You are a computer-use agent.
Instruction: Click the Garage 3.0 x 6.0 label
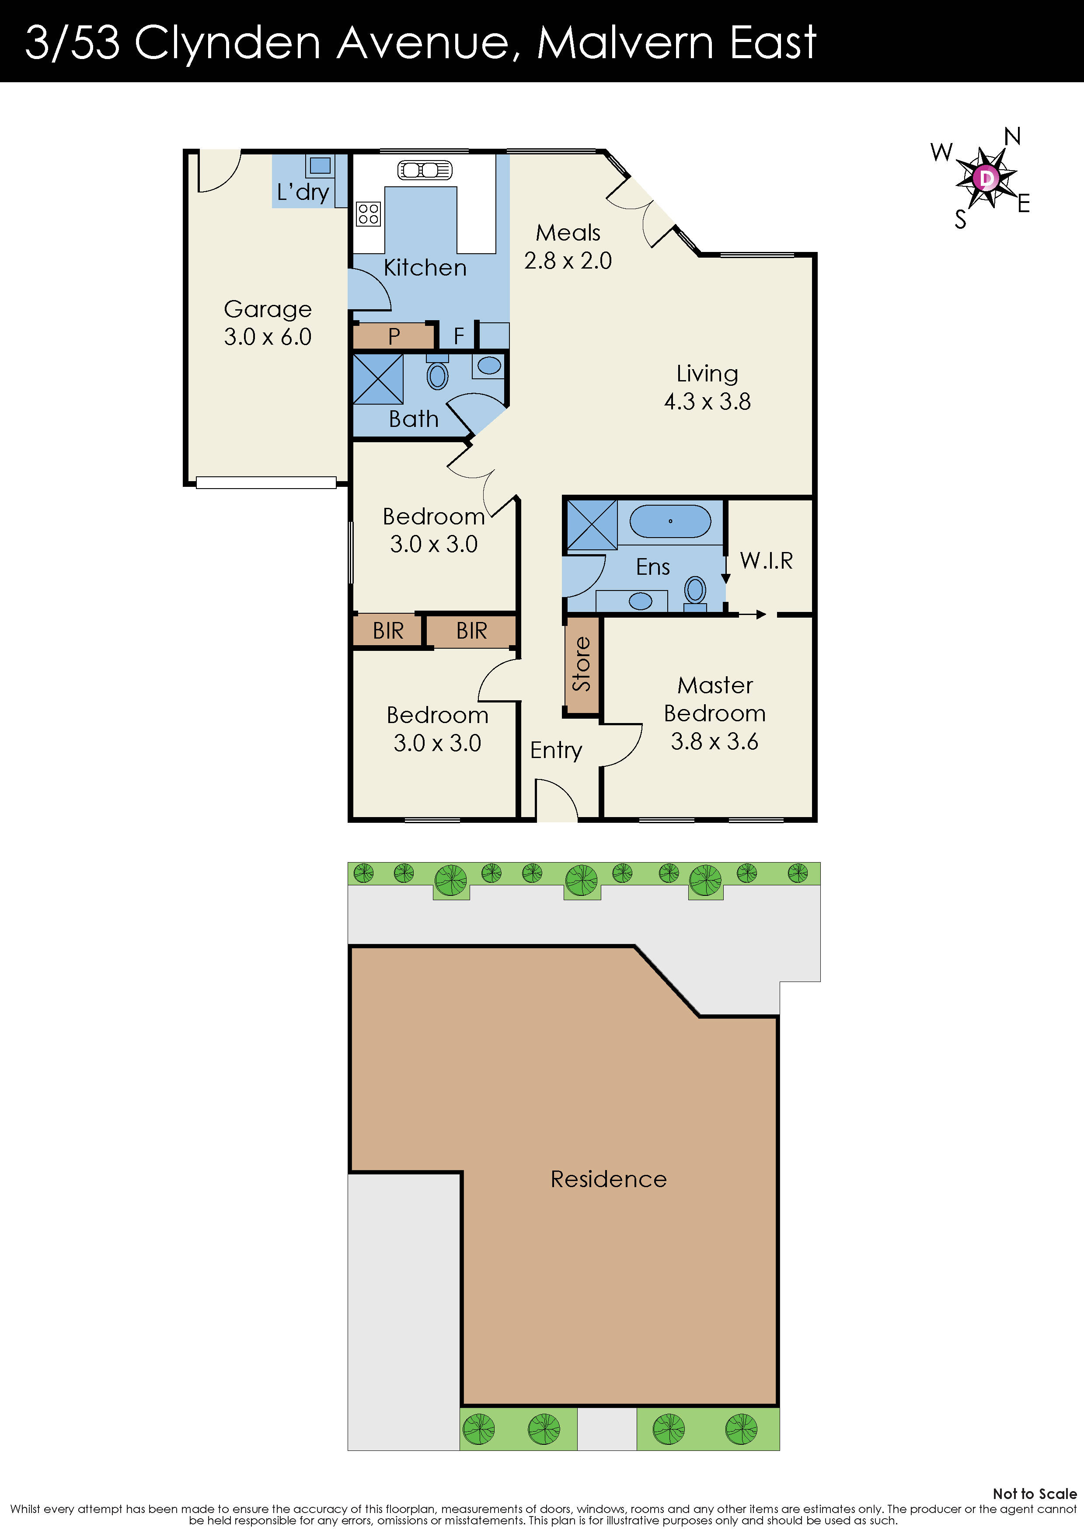click(267, 323)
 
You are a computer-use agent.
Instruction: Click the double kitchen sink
click(425, 170)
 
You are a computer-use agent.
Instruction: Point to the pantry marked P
click(394, 335)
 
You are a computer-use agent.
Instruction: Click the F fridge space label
click(458, 335)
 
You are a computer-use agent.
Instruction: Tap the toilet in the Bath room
click(437, 375)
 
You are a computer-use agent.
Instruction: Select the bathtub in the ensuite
click(670, 521)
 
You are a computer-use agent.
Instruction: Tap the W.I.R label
click(766, 561)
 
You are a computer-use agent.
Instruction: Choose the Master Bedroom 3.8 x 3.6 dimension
click(715, 741)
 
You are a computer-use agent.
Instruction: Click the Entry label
click(556, 750)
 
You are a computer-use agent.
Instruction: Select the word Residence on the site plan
click(608, 1179)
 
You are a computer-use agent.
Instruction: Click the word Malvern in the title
click(625, 43)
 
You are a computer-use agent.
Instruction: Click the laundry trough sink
click(320, 165)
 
